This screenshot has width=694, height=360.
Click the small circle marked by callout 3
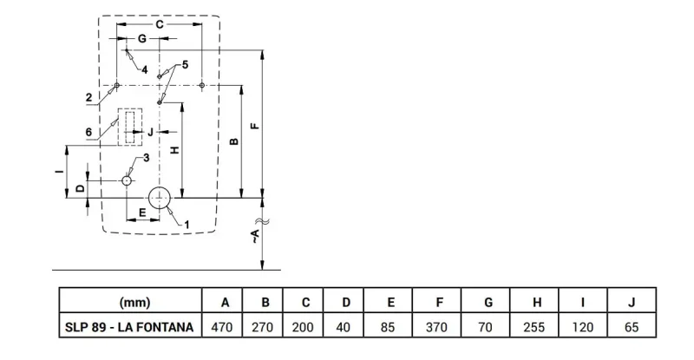click(127, 180)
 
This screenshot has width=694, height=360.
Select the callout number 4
click(145, 70)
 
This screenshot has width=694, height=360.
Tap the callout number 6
click(89, 132)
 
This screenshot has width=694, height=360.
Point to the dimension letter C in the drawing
click(159, 24)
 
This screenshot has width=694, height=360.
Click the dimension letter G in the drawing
click(142, 39)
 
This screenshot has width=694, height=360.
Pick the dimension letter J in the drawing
click(150, 132)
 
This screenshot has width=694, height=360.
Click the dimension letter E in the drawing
click(142, 213)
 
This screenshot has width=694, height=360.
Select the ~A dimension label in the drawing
click(255, 236)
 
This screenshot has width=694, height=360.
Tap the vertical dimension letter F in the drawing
click(255, 126)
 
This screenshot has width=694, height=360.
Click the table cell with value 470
click(222, 327)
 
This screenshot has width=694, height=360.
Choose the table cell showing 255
click(534, 327)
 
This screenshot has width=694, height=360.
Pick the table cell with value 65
click(632, 327)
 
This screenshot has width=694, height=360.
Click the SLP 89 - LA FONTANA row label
click(129, 327)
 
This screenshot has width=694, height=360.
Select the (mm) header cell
click(134, 303)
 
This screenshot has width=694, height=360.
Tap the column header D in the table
click(346, 303)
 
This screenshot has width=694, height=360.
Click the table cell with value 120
click(583, 327)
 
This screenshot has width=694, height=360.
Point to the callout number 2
click(89, 97)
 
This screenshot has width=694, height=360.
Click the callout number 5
click(185, 65)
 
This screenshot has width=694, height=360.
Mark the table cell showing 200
click(303, 327)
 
